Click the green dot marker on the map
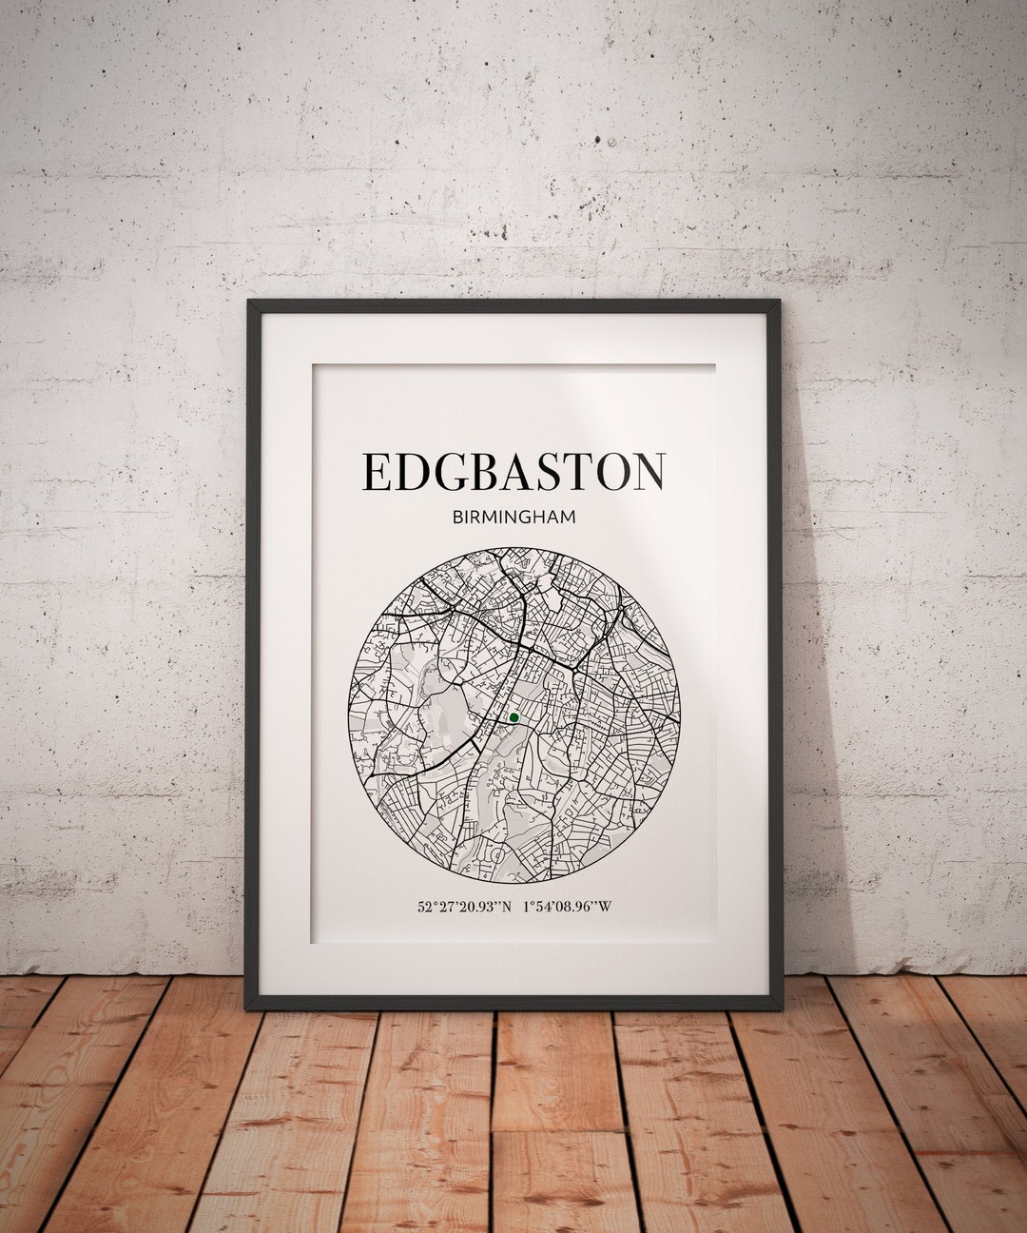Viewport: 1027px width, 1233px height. click(513, 717)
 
